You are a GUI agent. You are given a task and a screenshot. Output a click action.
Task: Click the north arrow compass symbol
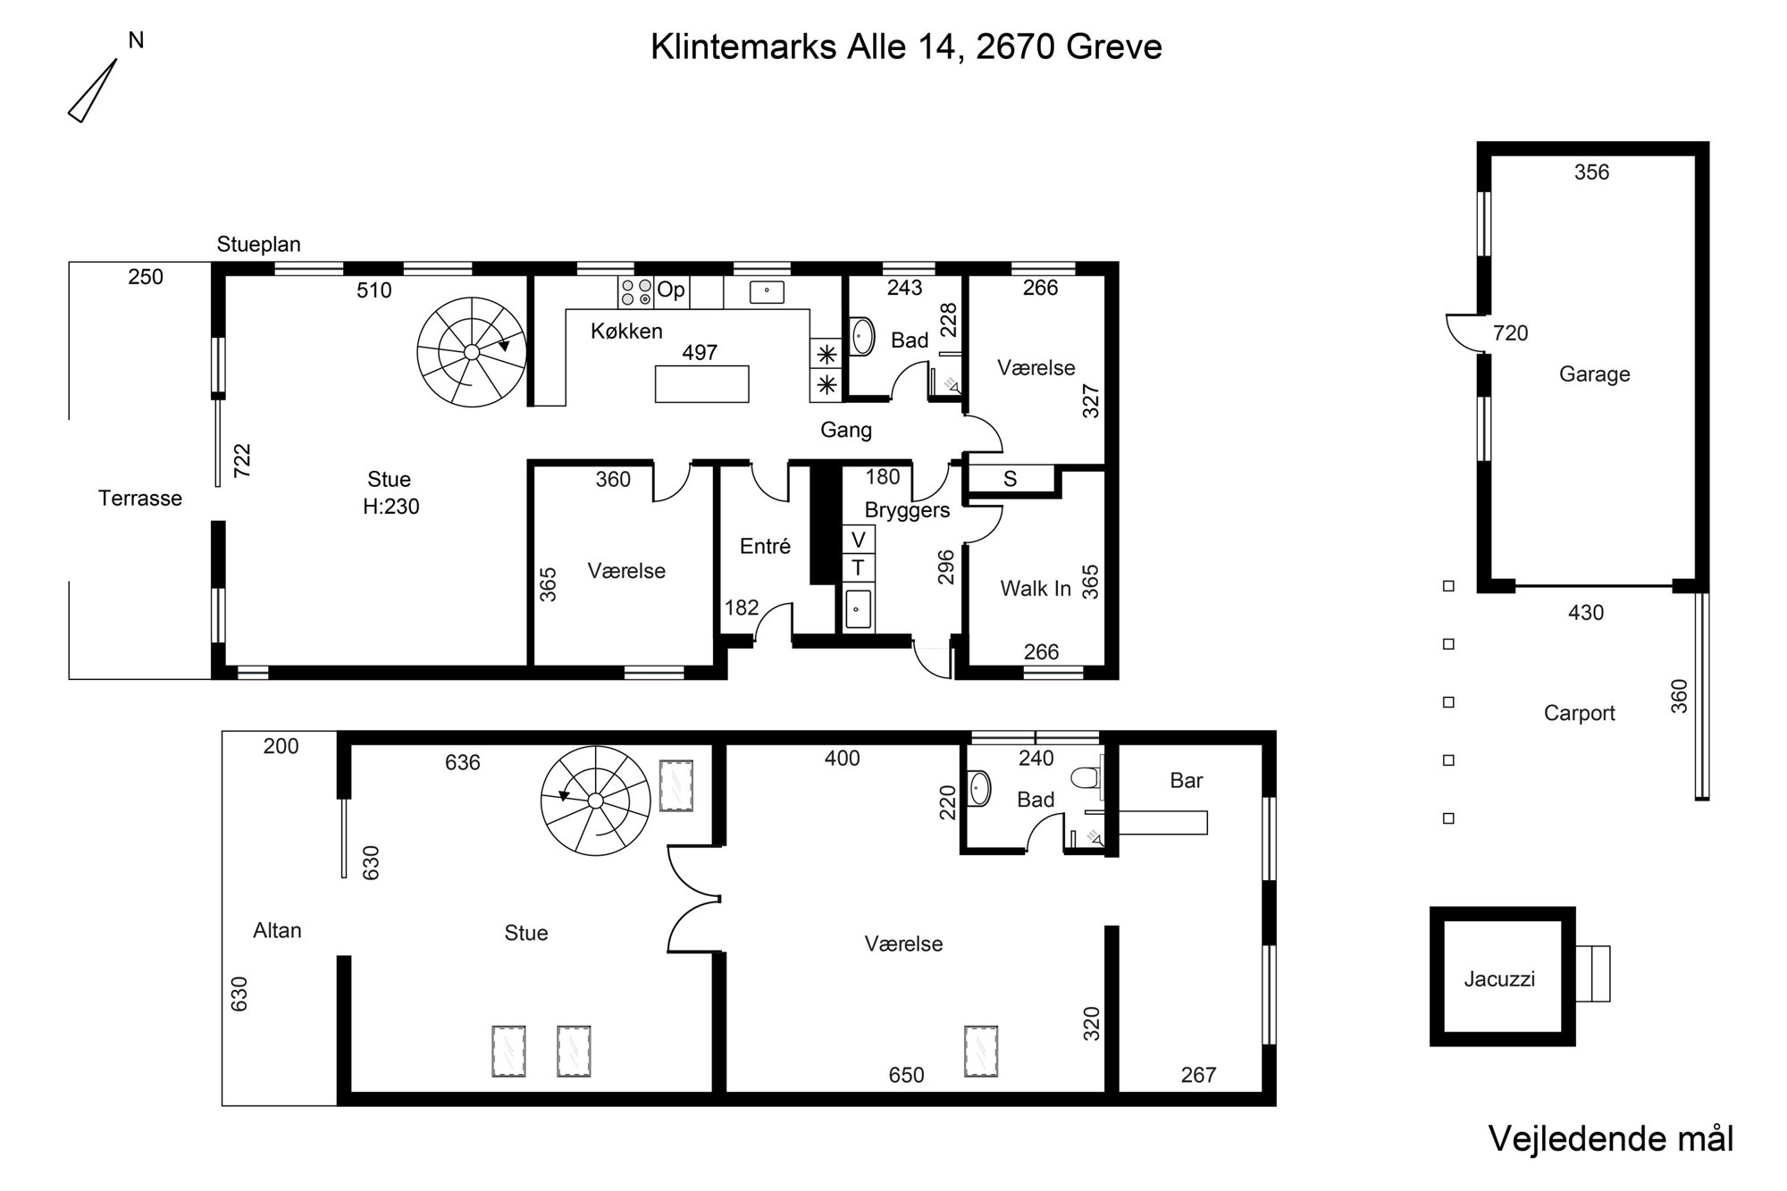pos(93,90)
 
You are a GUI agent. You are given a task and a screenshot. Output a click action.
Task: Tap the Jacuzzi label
pos(1499,979)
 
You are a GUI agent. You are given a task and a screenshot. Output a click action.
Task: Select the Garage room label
pos(1595,374)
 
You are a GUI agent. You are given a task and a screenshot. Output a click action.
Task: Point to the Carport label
pos(1580,713)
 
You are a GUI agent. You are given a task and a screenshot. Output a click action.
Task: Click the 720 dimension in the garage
pos(1511,333)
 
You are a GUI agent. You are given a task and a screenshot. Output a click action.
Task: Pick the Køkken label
pos(626,331)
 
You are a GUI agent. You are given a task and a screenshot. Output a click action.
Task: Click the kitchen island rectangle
pos(701,383)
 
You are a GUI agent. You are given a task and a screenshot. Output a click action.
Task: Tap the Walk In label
pos(1036,589)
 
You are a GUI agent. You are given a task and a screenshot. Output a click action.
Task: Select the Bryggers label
pos(907,511)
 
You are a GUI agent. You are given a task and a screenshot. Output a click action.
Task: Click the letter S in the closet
pos(1010,479)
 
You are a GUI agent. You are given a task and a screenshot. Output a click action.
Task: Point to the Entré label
pos(765,546)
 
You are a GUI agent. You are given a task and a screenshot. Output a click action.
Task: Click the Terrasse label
pos(140,499)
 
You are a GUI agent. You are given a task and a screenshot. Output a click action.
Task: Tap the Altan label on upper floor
pos(277,931)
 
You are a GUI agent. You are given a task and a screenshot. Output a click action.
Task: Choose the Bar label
pos(1187,781)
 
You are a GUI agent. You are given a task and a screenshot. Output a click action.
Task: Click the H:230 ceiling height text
pos(390,507)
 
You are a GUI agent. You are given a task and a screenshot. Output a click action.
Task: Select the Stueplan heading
pos(258,244)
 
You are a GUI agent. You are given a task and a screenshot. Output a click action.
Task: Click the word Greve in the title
pos(1113,46)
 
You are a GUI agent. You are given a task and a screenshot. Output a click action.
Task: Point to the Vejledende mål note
pos(1611,1138)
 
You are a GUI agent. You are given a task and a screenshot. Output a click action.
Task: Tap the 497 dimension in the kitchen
pos(700,353)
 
